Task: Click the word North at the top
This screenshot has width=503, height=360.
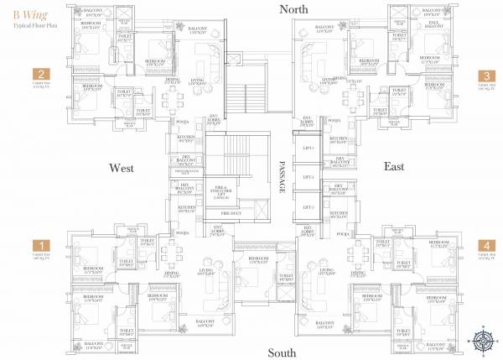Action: pos(288,9)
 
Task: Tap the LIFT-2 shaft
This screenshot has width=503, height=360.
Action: pos(309,178)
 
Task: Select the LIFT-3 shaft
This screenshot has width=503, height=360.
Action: pos(309,206)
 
